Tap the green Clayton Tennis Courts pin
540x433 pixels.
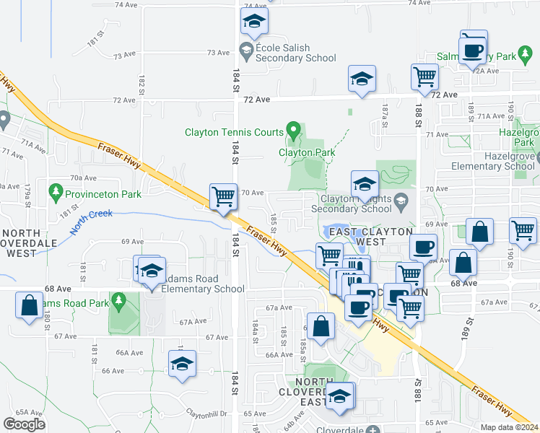click(293, 131)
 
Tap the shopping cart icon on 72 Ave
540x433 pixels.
click(424, 76)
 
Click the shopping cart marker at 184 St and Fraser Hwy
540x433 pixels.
click(224, 196)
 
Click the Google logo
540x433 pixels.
click(25, 424)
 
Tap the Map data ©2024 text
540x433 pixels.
click(509, 427)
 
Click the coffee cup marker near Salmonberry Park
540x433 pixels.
click(474, 50)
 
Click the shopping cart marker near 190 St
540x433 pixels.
click(523, 231)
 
